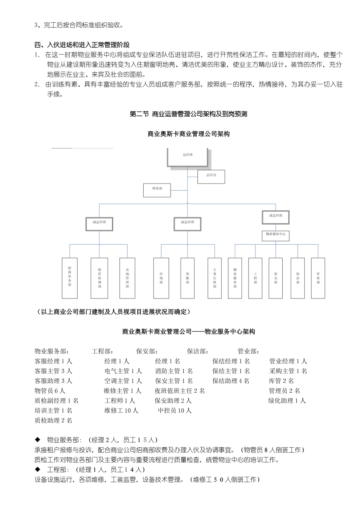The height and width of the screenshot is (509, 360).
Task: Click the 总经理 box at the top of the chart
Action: pyautogui.click(x=188, y=157)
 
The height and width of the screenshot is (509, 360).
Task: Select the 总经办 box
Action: pyautogui.click(x=211, y=176)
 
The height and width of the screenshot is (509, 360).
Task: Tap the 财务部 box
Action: pyautogui.click(x=157, y=190)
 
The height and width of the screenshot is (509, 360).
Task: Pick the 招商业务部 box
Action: pyautogui.click(x=70, y=278)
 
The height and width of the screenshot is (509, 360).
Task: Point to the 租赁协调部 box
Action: pyautogui.click(x=99, y=278)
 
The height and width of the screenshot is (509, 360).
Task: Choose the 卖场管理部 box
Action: pyautogui.click(x=127, y=278)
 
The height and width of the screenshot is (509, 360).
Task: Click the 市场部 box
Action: pyautogui.click(x=161, y=278)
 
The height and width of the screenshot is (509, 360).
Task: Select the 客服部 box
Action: pyautogui.click(x=188, y=278)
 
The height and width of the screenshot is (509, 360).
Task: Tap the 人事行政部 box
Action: pyautogui.click(x=214, y=278)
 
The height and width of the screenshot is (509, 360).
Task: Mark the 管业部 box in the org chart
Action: pyautogui.click(x=318, y=278)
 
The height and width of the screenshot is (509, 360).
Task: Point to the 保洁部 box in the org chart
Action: pyautogui.click(x=298, y=278)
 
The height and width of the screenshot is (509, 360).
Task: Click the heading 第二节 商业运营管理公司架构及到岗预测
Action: pyautogui.click(x=188, y=114)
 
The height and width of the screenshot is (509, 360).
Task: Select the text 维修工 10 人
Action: pyautogui.click(x=121, y=411)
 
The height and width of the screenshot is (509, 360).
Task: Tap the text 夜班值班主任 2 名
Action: pyautogui.click(x=180, y=391)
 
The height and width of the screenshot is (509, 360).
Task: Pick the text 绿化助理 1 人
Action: pyautogui.click(x=287, y=401)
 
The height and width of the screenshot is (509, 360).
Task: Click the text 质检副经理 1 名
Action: pyautogui.click(x=56, y=401)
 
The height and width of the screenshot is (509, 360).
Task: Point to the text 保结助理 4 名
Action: pyautogui.click(x=231, y=381)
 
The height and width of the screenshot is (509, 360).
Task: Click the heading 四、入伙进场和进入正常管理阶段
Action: pyautogui.click(x=82, y=45)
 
